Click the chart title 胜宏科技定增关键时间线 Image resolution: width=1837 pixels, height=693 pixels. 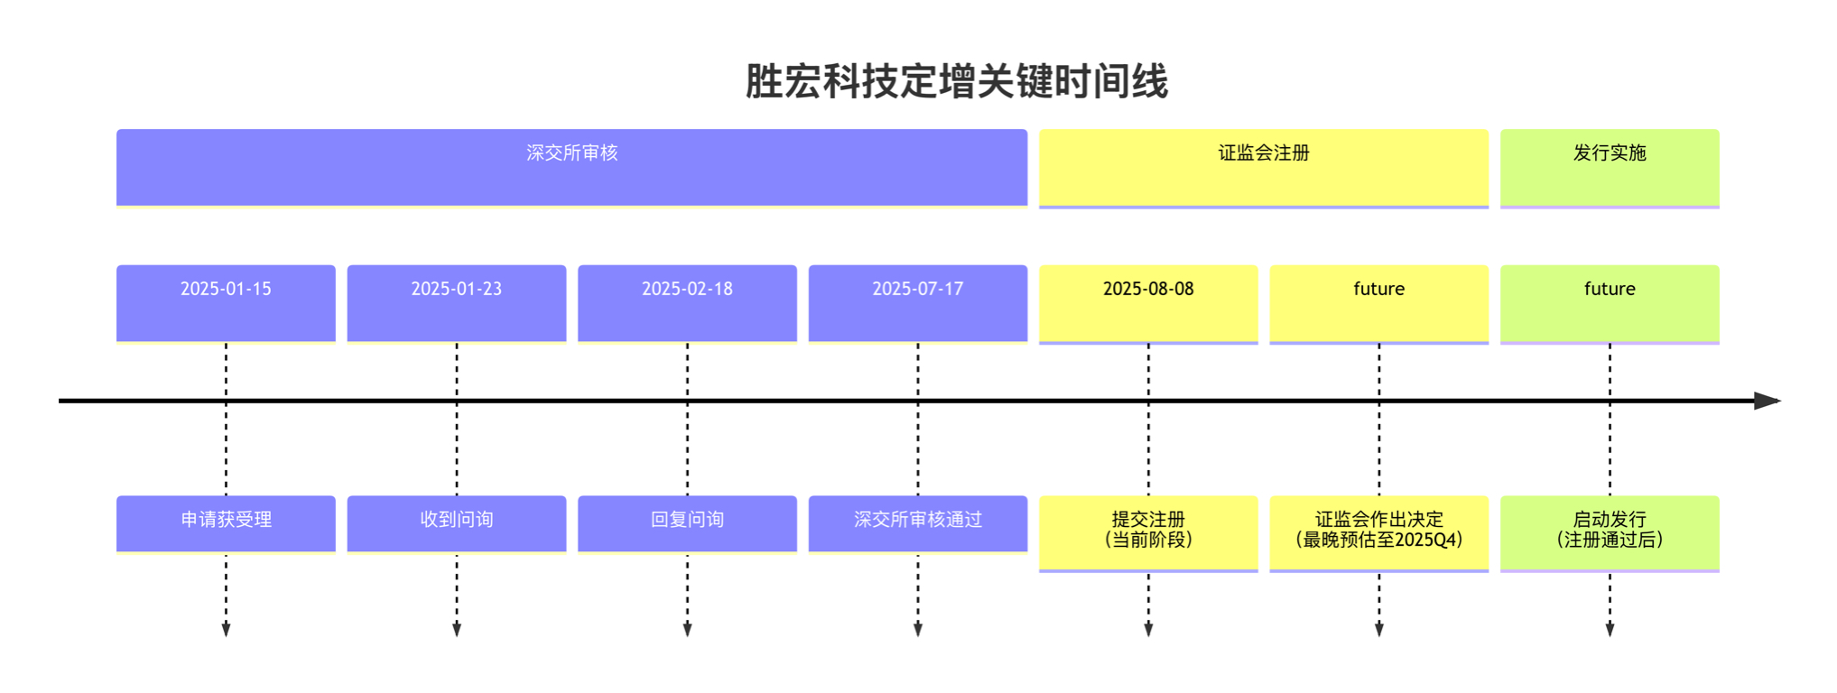point(956,81)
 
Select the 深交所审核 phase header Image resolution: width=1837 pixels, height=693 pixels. point(571,168)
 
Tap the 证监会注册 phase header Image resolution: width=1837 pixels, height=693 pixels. point(1264,168)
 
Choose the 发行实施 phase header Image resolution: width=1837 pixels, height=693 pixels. point(1610,168)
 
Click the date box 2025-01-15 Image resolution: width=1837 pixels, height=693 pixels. point(226,303)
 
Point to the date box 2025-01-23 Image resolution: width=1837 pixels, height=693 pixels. point(457,303)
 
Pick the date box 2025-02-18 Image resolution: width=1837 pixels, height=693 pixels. point(687,303)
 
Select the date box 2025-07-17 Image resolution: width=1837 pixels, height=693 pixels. point(918,303)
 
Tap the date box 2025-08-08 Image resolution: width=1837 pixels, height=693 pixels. point(1148,304)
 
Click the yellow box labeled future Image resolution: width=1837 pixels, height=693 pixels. point(1379,304)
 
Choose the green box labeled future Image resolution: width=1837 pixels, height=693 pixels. point(1610,304)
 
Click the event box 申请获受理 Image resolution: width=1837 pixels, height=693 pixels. point(226,523)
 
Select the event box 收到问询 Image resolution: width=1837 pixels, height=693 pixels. point(457,523)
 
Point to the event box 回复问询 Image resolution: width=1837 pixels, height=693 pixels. point(687,523)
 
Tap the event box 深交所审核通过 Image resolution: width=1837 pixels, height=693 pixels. point(918,523)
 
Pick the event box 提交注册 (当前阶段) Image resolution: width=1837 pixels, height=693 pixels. point(1148,533)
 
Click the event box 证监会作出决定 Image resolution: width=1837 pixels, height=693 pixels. point(1379,533)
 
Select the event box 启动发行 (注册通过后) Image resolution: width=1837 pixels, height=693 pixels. point(1610,533)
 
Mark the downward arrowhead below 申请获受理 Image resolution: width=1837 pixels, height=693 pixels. point(226,630)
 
